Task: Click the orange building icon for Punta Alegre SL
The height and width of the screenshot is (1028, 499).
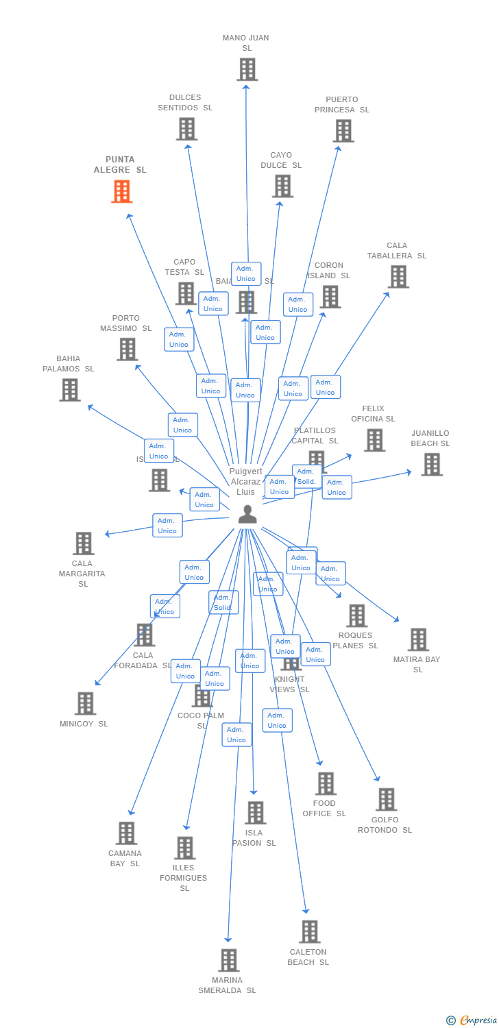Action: coord(121,191)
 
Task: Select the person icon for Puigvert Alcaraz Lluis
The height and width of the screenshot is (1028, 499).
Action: coord(247,514)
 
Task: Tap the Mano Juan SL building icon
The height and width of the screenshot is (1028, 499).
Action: coord(247,69)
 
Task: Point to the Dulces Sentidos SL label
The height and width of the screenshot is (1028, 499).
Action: coord(185,103)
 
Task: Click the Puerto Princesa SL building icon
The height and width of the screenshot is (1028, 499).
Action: coord(343,130)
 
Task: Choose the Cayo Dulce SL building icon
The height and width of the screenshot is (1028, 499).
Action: coord(282,186)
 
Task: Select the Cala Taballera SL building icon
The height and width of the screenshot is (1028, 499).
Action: coord(398,276)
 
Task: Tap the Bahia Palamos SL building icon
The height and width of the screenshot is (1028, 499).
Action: coord(69,389)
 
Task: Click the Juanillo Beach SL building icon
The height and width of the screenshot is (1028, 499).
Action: coord(431,464)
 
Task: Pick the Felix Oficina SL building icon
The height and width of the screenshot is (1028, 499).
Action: coord(374,440)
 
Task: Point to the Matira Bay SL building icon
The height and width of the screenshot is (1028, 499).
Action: coord(418,639)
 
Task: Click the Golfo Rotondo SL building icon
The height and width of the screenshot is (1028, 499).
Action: coord(386,799)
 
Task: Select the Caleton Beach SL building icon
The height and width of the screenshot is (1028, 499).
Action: coord(309,931)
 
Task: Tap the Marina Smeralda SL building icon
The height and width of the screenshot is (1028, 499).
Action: coord(229,960)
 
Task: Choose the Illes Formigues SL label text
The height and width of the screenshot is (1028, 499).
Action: coord(184,878)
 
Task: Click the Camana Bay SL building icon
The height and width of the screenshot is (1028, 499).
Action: coord(126,833)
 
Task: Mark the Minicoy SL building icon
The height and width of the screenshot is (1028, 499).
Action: coord(85,703)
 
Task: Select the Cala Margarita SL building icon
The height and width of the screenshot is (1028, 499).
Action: coord(83,543)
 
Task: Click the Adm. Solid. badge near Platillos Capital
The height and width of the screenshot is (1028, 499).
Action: coord(306,476)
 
